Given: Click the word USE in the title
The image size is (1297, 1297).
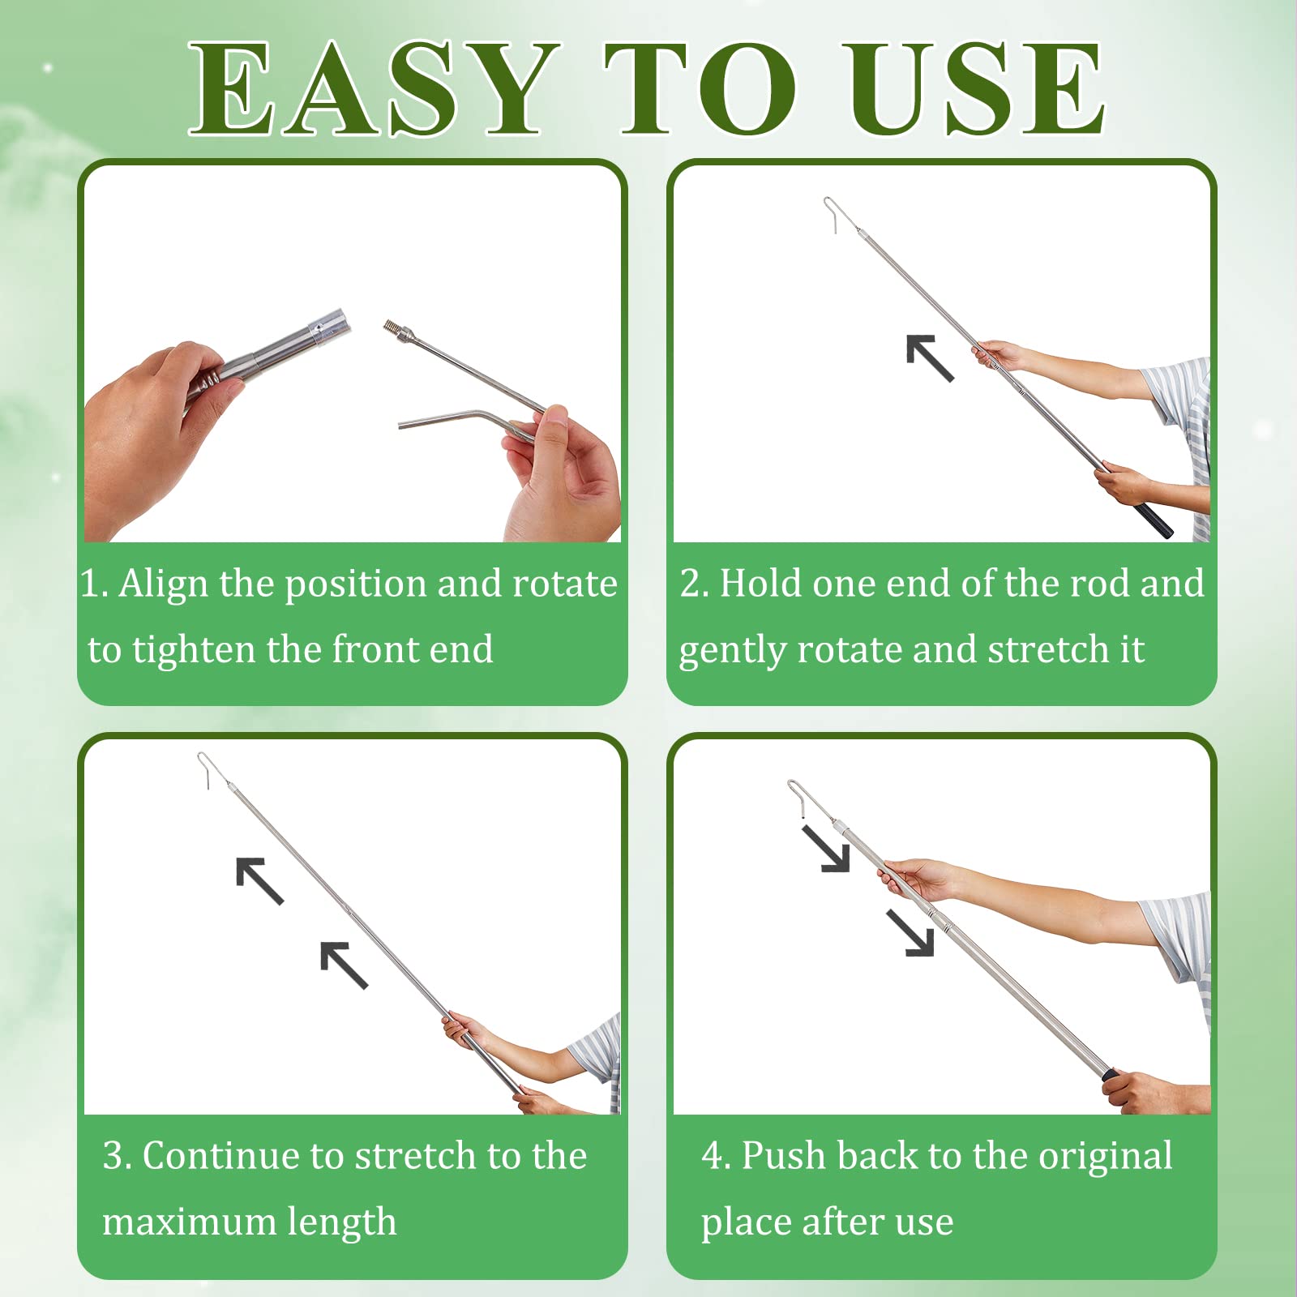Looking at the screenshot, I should (974, 89).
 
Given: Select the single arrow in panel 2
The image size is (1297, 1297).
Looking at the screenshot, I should (929, 357).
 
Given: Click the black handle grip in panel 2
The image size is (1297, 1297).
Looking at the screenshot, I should (1154, 520).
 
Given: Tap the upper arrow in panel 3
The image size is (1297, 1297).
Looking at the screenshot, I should (259, 880).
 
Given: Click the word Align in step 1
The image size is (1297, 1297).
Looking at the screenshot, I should (164, 584).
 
